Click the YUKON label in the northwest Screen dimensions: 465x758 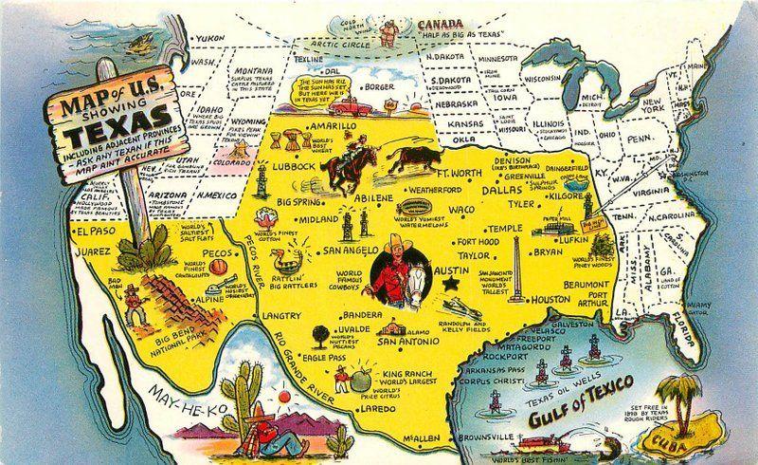coord(210,39)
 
